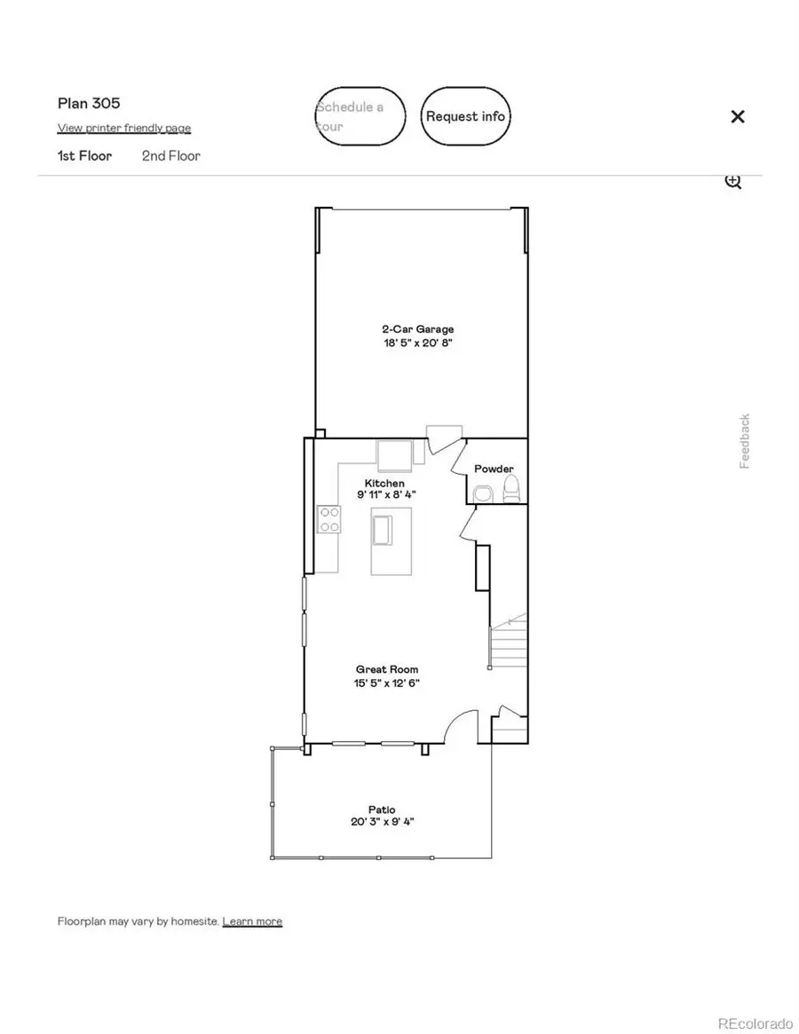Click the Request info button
pyautogui.click(x=465, y=116)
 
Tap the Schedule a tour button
pyautogui.click(x=360, y=116)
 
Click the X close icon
pyautogui.click(x=737, y=116)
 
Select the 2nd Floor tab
pyautogui.click(x=171, y=156)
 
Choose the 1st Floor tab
pyautogui.click(x=84, y=156)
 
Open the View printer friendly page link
pyautogui.click(x=124, y=128)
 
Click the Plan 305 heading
pyautogui.click(x=89, y=103)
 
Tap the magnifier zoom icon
pyautogui.click(x=732, y=181)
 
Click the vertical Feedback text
pyautogui.click(x=745, y=441)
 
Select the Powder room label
pyautogui.click(x=494, y=469)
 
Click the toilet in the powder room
pyautogui.click(x=510, y=489)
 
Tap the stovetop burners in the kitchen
pyautogui.click(x=329, y=518)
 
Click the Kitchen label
pyautogui.click(x=384, y=484)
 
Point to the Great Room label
pyautogui.click(x=386, y=670)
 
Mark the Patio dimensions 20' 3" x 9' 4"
pyautogui.click(x=382, y=822)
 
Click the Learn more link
pyautogui.click(x=252, y=921)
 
